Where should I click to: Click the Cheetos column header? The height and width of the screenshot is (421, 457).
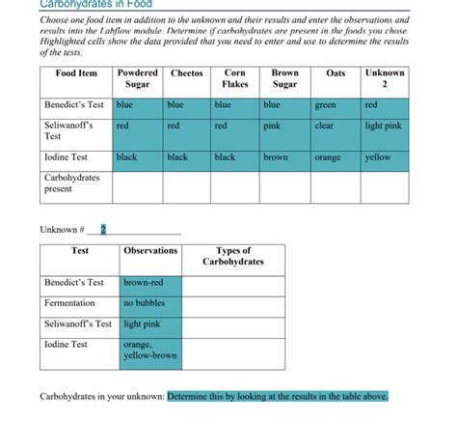187,73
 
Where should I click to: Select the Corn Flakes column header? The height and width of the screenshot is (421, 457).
235,79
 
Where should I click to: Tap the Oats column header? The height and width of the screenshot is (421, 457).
336,73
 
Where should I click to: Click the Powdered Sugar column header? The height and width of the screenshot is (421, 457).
137,79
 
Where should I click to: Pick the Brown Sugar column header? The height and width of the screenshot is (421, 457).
284,79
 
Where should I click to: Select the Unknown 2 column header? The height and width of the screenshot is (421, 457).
385,79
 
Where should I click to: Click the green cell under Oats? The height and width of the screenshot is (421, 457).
336,104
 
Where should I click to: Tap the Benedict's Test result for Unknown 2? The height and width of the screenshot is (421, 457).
385,104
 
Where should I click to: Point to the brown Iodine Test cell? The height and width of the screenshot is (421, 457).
284,156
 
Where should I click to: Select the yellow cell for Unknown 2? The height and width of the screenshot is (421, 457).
385,156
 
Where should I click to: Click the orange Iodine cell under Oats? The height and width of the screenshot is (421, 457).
336,156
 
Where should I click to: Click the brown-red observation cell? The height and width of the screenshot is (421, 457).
150,283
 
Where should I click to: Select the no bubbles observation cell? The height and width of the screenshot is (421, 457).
150,304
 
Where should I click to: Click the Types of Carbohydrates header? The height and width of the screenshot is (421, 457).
232,256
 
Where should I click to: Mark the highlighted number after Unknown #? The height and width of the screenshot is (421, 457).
104,229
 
